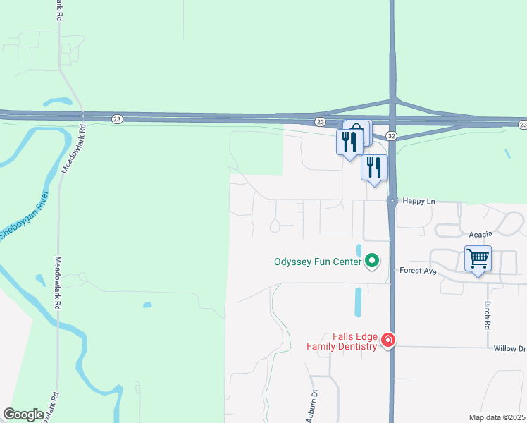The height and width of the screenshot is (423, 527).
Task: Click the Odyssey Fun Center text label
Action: point(317,262)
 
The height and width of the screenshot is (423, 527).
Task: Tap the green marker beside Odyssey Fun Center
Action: point(372,262)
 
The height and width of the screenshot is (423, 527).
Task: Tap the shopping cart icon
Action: point(478,259)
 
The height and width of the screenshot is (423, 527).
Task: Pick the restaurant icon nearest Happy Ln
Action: point(373,168)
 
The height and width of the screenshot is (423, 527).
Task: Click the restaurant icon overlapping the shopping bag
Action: point(350,142)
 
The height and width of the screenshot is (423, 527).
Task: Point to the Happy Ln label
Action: point(419,201)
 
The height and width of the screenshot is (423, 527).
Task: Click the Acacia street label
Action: point(478,233)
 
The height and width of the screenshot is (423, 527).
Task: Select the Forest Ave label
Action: point(418,270)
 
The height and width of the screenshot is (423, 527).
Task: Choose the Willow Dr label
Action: point(509,348)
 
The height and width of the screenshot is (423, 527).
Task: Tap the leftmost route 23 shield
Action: point(117,119)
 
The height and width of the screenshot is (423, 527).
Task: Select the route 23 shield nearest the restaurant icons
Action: point(320,121)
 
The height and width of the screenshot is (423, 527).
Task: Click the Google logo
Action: point(23,415)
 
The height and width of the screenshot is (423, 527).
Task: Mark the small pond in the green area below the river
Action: point(147,305)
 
